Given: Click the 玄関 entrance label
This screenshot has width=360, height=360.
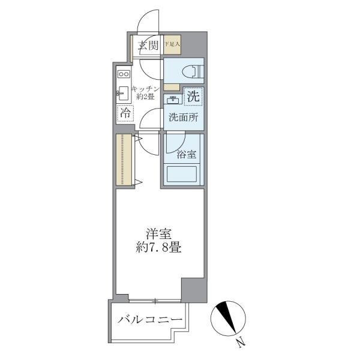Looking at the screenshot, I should tap(149, 45).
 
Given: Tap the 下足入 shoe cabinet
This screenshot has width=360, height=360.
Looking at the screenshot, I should tap(173, 44).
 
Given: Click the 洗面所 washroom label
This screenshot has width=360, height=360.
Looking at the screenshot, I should tap(183, 118).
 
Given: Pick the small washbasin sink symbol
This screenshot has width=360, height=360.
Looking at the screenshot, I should tap(173, 100).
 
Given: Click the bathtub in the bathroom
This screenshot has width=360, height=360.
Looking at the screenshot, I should tap(183, 175).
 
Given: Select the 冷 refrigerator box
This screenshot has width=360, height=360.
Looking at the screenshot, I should tap(125, 113).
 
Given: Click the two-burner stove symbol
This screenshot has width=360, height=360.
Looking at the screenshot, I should tap(124, 74).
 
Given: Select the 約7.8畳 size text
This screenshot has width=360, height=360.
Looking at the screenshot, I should tap(158, 247).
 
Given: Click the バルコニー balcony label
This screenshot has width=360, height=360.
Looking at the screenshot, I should tap(150, 319).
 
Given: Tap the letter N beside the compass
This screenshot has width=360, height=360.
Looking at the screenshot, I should tap(240, 343).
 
